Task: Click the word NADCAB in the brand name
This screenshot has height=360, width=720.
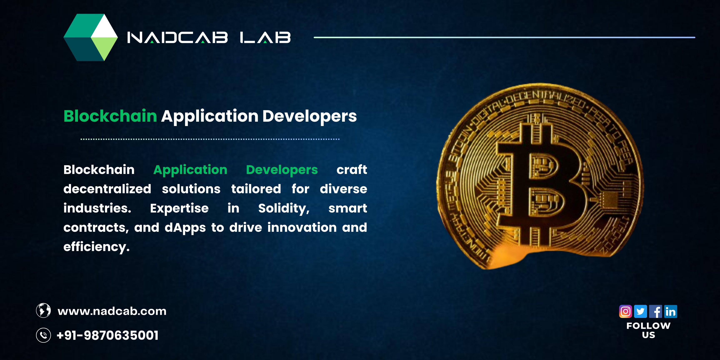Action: point(177,37)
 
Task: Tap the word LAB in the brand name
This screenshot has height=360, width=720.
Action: point(265,37)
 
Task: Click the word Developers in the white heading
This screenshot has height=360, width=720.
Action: point(310,116)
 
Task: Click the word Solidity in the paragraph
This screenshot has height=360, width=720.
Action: point(284,209)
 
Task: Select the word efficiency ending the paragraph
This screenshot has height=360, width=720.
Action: point(97,247)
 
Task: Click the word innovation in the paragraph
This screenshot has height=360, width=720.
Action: point(302,227)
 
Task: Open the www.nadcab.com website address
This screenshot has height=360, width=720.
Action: point(112,311)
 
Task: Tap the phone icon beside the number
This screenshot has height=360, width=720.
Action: point(43,335)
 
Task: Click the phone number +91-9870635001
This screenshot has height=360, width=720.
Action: point(108,335)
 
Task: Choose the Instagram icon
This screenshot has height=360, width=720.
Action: point(626,311)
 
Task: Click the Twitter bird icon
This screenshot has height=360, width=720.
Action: point(641,311)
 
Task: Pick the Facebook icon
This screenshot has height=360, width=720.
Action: point(655,311)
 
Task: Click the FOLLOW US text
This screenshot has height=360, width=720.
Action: point(649,330)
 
